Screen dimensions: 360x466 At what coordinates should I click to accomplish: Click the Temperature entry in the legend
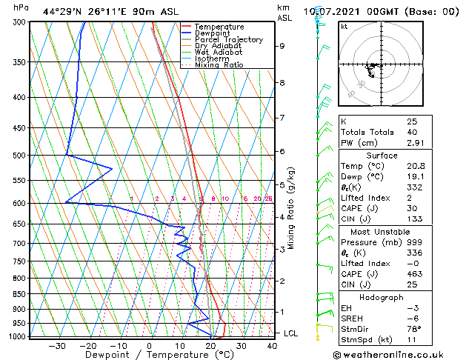[219, 27]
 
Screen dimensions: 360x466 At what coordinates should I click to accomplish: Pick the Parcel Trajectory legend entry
[228, 40]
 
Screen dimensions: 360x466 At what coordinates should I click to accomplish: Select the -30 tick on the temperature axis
[57, 345]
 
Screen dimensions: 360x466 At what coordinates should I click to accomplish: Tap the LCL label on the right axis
[291, 333]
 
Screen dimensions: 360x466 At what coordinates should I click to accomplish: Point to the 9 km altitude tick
[282, 46]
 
